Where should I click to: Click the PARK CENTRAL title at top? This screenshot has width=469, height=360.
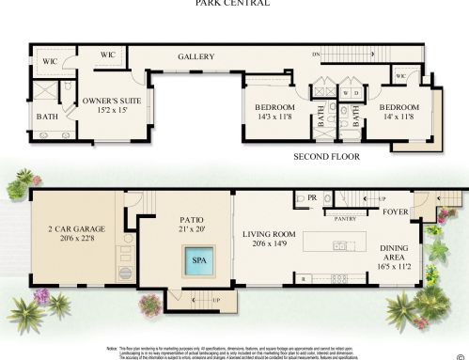(232, 4)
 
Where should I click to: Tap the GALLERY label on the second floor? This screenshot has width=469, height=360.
(196, 57)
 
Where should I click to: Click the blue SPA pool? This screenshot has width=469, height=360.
(199, 260)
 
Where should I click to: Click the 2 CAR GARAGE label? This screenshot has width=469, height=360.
(76, 228)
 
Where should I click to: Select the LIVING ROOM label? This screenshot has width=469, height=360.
(271, 233)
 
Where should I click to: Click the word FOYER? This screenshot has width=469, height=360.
(396, 212)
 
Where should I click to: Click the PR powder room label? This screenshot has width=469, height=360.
(310, 198)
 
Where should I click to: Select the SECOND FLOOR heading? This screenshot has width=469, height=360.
(327, 156)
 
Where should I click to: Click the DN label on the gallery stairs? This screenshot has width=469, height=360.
(317, 56)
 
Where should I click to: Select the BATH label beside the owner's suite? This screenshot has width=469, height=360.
(46, 117)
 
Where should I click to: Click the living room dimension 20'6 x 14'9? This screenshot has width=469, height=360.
(271, 243)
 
